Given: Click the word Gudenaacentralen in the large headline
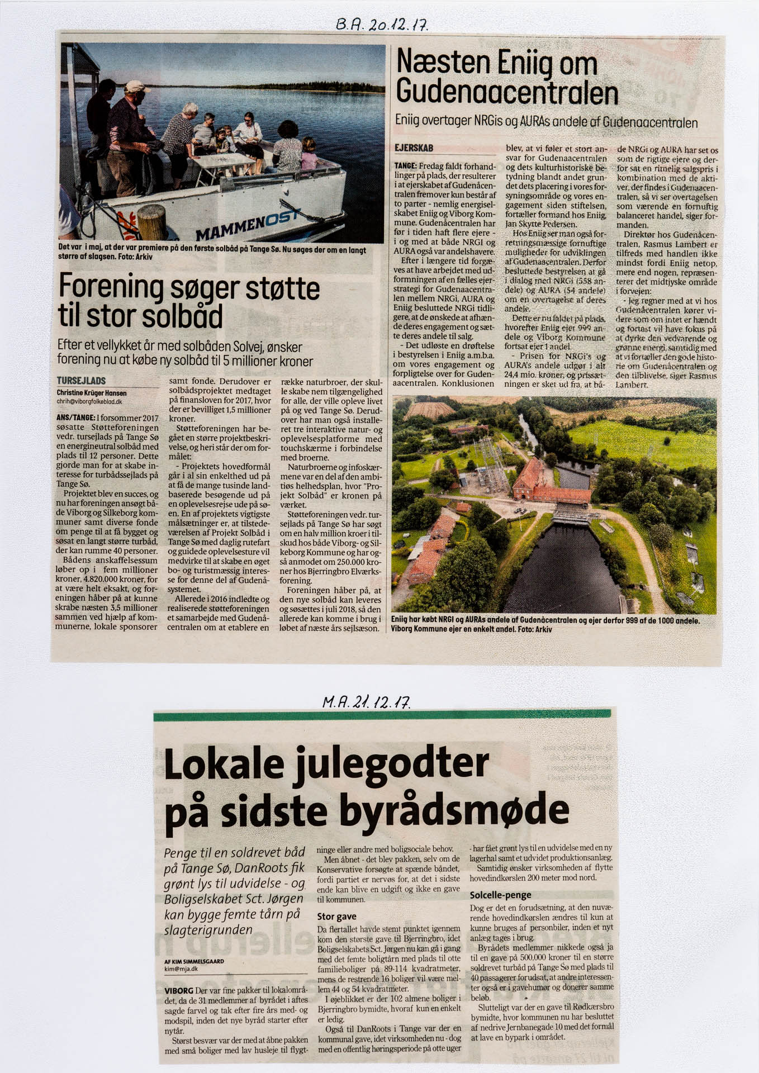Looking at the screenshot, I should (x=507, y=93).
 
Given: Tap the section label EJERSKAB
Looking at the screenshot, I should (x=414, y=148).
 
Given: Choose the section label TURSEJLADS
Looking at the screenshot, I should (x=81, y=381).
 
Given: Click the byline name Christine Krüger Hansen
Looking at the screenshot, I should (x=92, y=393).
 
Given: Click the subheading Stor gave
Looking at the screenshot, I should (x=336, y=917).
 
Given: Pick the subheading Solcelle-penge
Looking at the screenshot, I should (x=500, y=895).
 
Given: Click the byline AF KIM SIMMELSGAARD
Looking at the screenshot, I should (x=194, y=961).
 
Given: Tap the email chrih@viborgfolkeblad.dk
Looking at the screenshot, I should (x=89, y=401).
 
